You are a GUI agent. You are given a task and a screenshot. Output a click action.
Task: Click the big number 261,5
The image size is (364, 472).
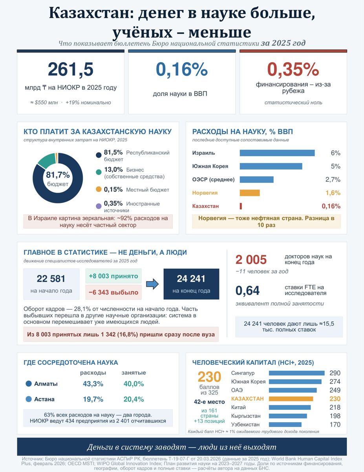point(70,70)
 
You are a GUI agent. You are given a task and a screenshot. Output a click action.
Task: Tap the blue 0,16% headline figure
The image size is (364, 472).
point(182,70)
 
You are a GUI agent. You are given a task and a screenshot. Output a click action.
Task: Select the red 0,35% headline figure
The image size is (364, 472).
point(293,70)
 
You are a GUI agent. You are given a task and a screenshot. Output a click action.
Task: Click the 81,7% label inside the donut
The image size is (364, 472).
point(58,175)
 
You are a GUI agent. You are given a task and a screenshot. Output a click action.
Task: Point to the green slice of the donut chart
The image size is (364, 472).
point(47,160)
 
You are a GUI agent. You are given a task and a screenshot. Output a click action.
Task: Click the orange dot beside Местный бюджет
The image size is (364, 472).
point(99,189)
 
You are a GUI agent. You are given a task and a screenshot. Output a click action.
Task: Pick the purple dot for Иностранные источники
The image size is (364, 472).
point(99,206)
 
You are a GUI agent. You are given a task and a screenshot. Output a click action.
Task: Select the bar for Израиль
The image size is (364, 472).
point(277,153)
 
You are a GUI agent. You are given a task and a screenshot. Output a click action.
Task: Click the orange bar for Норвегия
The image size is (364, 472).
point(249,193)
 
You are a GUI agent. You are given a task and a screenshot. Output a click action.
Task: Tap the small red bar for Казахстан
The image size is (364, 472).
point(241,206)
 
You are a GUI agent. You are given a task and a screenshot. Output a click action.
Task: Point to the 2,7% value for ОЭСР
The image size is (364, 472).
point(333,179)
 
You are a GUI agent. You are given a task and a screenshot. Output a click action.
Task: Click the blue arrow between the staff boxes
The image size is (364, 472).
point(152,284)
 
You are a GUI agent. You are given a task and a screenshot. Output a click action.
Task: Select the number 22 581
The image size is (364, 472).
point(51,279)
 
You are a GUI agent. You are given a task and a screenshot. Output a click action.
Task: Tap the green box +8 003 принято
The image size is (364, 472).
point(113,276)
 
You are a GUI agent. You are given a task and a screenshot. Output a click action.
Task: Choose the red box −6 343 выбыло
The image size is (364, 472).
point(113,292)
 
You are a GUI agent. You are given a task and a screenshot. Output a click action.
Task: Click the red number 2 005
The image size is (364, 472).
point(251,260)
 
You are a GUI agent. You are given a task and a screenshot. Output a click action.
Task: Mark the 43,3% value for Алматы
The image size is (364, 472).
point(93,384)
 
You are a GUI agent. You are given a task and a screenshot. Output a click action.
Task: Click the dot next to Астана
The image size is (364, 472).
point(29,399)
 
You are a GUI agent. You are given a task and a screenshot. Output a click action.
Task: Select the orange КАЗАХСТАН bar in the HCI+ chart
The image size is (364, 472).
point(291,399)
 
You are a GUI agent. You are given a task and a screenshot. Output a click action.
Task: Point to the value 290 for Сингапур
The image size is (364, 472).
point(335,373)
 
